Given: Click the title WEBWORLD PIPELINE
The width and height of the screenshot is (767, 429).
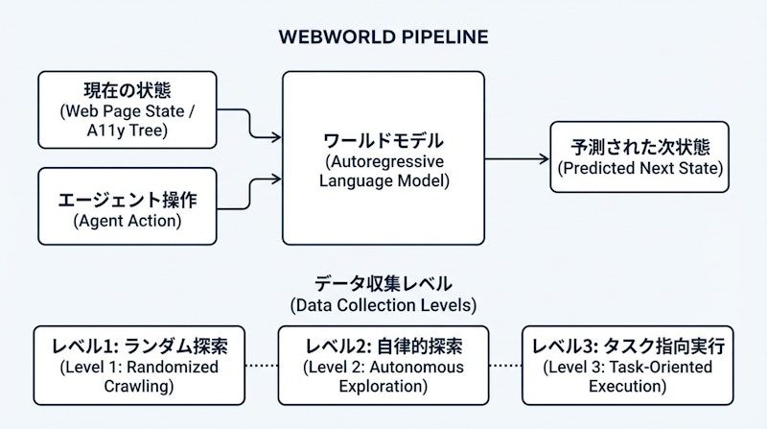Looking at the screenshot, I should tap(383, 37).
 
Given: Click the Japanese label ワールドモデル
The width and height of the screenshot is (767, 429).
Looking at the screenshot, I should tap(383, 141).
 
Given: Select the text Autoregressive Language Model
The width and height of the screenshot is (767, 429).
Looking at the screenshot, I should tap(383, 170).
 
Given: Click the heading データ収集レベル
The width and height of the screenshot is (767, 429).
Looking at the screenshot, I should tap(383, 284).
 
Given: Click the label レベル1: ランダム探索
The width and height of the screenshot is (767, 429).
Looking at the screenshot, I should tap(140, 346).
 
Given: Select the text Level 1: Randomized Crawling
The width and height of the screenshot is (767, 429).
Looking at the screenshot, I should tap(140, 376).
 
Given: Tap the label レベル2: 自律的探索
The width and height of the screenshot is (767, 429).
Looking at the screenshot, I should tap(383, 346).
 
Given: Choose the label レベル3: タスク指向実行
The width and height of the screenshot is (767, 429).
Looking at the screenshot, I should tap(627, 346).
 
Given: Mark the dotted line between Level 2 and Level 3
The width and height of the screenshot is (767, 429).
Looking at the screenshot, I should tap(505, 366).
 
